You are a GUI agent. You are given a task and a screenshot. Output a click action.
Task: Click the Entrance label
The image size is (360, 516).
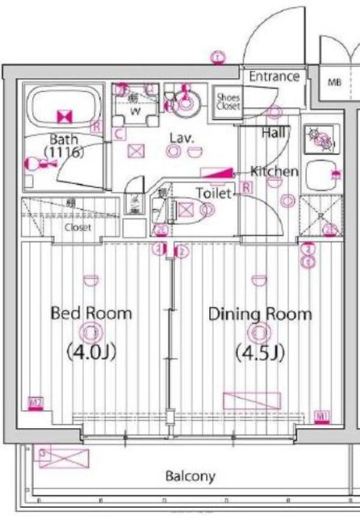(x=274, y=77)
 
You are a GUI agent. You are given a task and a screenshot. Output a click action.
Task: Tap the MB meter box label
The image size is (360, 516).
(x=334, y=83)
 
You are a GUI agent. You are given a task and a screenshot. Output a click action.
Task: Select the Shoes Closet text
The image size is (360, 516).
(x=228, y=101)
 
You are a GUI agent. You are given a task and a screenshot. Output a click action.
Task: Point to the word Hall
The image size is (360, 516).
(x=273, y=133)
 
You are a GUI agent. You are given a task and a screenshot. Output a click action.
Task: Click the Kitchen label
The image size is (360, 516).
(x=274, y=172)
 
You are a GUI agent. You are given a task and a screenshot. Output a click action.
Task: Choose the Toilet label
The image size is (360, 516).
(x=214, y=193)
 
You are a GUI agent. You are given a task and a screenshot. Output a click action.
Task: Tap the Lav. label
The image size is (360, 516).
(x=181, y=138)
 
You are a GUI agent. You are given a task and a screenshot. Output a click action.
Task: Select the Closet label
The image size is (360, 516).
(x=78, y=227)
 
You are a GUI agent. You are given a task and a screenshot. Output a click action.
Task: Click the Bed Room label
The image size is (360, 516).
(x=91, y=313)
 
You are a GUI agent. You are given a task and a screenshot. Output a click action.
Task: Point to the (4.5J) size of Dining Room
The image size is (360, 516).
(x=259, y=352)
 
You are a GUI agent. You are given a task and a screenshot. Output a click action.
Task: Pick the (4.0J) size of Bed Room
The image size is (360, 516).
(x=91, y=352)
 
